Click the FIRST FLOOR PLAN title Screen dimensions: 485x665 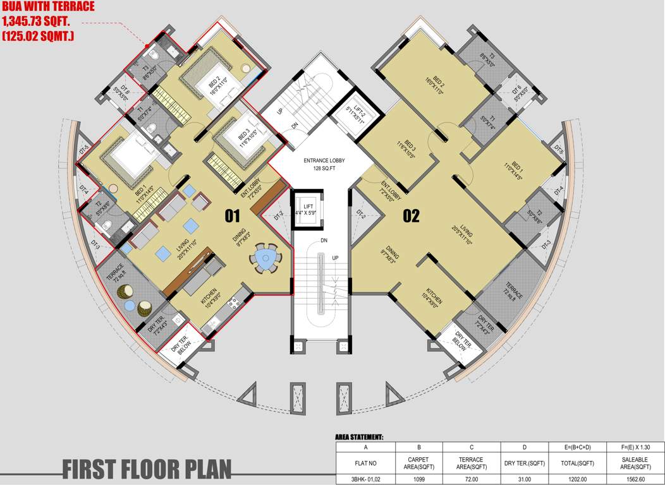click(147, 469)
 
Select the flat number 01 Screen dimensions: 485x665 click(233, 217)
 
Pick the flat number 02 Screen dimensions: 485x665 click(412, 217)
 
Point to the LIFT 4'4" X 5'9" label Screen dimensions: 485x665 click(308, 210)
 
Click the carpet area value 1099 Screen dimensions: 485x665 click(418, 479)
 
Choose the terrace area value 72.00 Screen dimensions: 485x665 click(471, 479)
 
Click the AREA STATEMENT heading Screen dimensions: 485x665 click(359, 437)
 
